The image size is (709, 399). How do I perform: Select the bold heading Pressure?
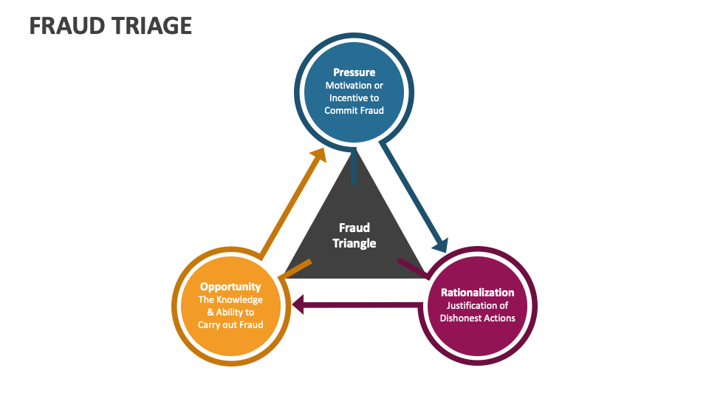(354, 72)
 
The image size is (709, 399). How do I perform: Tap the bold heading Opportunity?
(230, 287)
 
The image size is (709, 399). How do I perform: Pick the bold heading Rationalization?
(477, 293)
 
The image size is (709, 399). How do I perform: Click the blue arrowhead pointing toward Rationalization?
(440, 244)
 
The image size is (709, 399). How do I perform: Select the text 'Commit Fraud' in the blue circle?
(354, 110)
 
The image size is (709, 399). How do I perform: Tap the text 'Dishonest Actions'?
(477, 318)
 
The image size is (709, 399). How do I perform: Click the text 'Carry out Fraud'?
(230, 324)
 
